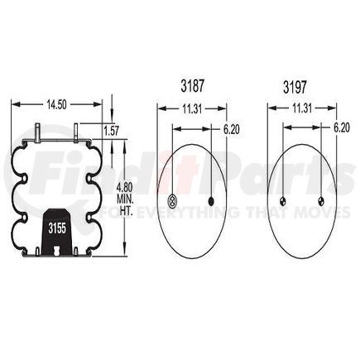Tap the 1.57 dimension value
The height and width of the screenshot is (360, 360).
coord(111,130)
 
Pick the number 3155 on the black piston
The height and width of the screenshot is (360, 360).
coord(57,226)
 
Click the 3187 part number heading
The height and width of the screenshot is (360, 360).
coord(192,85)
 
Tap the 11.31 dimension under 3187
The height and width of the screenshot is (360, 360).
coord(192,107)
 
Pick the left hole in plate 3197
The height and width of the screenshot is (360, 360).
coord(282,200)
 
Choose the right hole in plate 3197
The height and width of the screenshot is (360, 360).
coord(321,200)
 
